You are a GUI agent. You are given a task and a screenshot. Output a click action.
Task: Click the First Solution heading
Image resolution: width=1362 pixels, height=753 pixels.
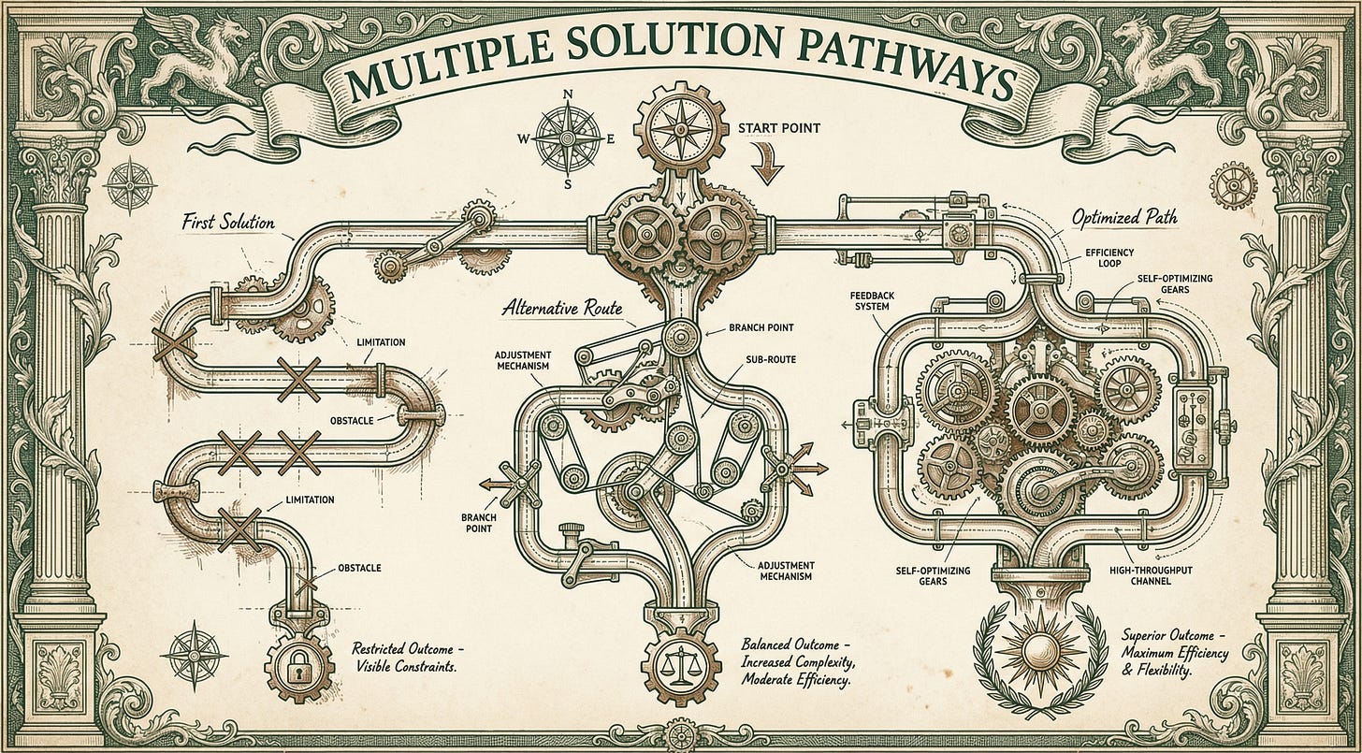coord(228,223)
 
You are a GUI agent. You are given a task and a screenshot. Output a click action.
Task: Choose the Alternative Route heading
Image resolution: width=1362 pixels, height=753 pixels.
coord(562,309)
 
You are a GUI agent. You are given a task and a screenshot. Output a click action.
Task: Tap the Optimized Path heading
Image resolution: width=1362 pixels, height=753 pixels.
coord(1124,218)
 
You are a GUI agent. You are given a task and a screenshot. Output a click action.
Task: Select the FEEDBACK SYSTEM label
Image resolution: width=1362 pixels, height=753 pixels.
coord(872,301)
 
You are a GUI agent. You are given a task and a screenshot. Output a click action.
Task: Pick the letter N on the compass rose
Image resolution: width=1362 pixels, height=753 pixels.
coord(568,94)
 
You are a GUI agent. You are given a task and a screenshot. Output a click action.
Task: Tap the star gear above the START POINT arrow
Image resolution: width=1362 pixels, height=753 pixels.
coord(681,129)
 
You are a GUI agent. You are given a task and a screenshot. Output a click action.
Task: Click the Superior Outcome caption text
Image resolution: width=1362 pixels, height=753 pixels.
coord(1174,653)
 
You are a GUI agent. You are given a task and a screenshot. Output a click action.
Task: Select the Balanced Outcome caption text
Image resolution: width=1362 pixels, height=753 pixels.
coord(795,661)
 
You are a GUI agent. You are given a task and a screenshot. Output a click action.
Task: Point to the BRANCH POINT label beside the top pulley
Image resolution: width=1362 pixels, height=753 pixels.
coord(761,327)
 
